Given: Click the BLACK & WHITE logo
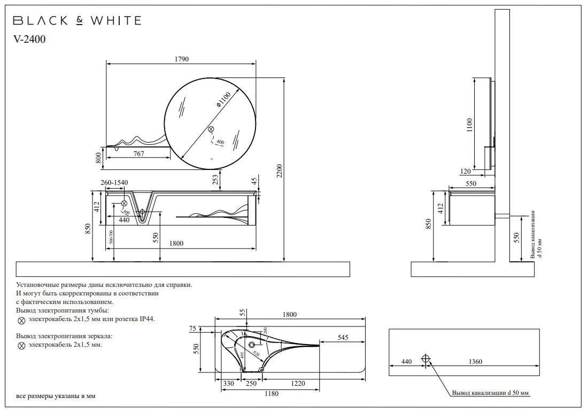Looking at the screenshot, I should pyautogui.click(x=77, y=21).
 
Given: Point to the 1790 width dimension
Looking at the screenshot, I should pyautogui.click(x=181, y=59).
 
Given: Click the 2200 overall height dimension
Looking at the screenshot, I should pyautogui.click(x=280, y=171).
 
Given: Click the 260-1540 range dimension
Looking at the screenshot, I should pyautogui.click(x=115, y=183).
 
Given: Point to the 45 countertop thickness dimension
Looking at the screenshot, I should pyautogui.click(x=254, y=181).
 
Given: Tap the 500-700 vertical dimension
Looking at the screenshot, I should pyautogui.click(x=111, y=237).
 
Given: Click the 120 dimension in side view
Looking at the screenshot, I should pyautogui.click(x=465, y=172).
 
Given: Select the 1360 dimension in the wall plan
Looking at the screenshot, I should pyautogui.click(x=475, y=362).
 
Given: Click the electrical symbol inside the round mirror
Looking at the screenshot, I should pyautogui.click(x=211, y=129).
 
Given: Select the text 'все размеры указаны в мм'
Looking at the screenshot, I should pyautogui.click(x=56, y=396).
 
